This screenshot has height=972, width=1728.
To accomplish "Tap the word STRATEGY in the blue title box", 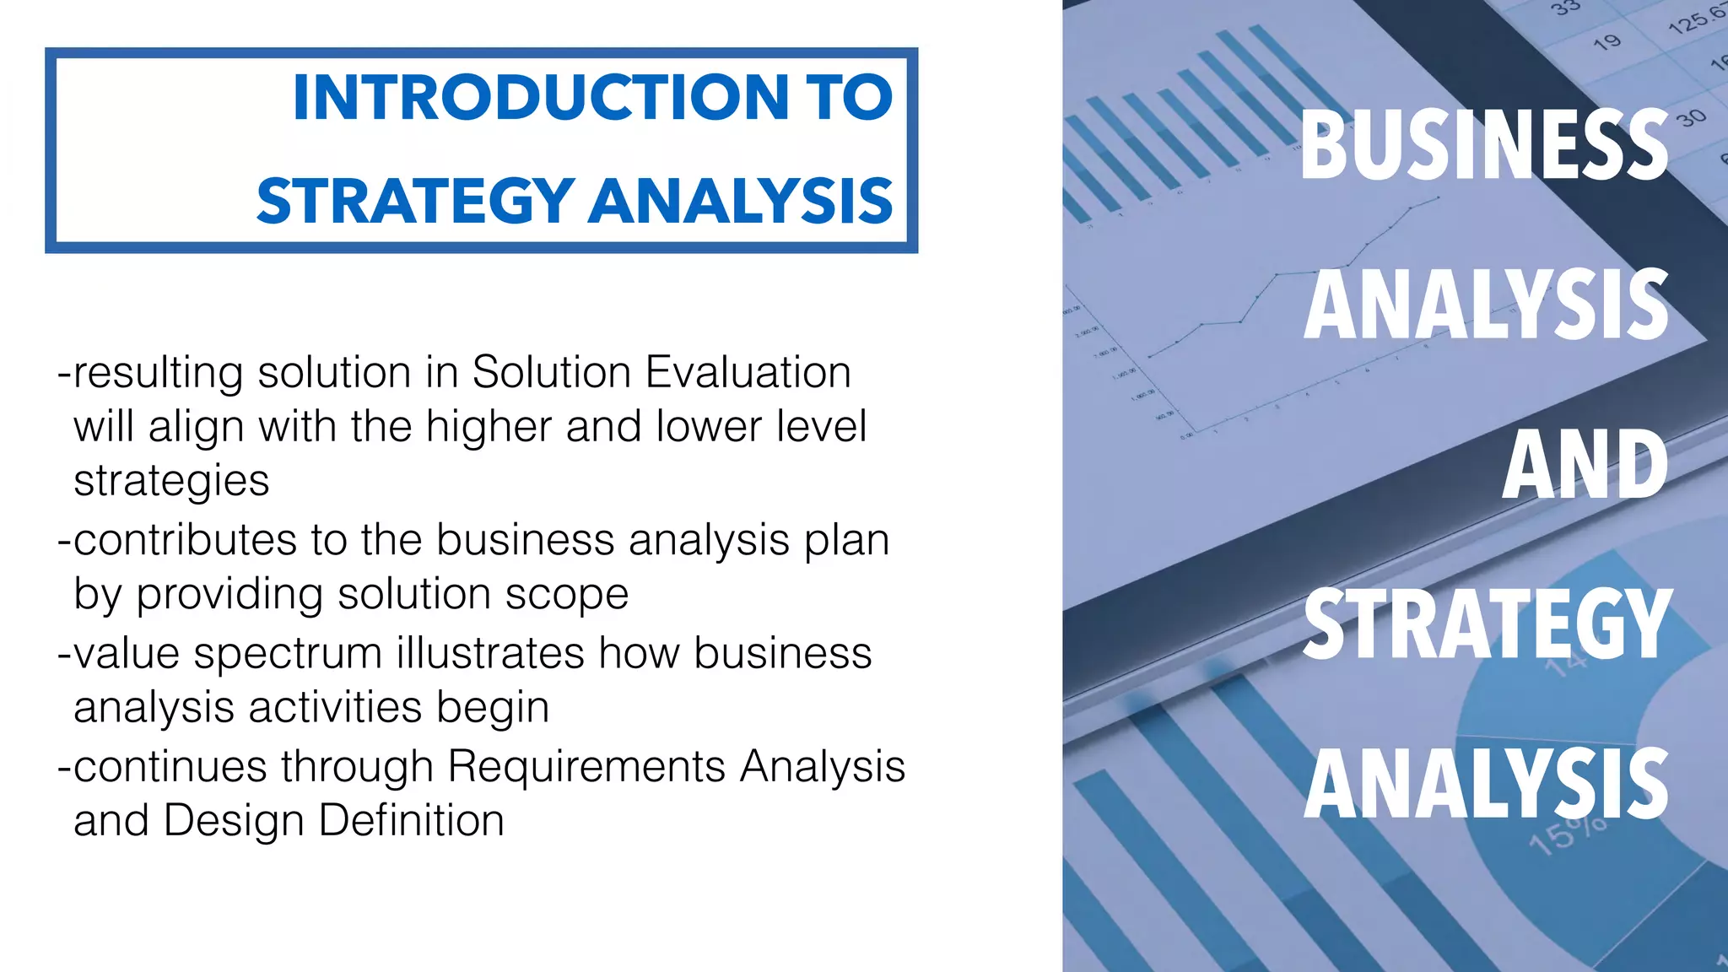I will [415, 202].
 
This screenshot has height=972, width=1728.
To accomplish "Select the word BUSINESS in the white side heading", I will [1484, 145].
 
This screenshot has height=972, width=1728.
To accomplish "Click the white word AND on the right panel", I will [1585, 465].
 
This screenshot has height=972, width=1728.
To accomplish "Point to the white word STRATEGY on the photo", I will [1487, 624].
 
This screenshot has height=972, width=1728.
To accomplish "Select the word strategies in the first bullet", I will [171, 481].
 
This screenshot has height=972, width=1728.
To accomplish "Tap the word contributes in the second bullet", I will [185, 540].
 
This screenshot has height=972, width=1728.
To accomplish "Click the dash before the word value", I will [64, 654].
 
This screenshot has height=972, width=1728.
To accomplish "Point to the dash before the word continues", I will [64, 767].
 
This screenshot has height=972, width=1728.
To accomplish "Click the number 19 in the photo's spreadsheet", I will [1606, 41].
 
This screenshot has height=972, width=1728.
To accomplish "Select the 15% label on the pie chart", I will [1568, 835].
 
